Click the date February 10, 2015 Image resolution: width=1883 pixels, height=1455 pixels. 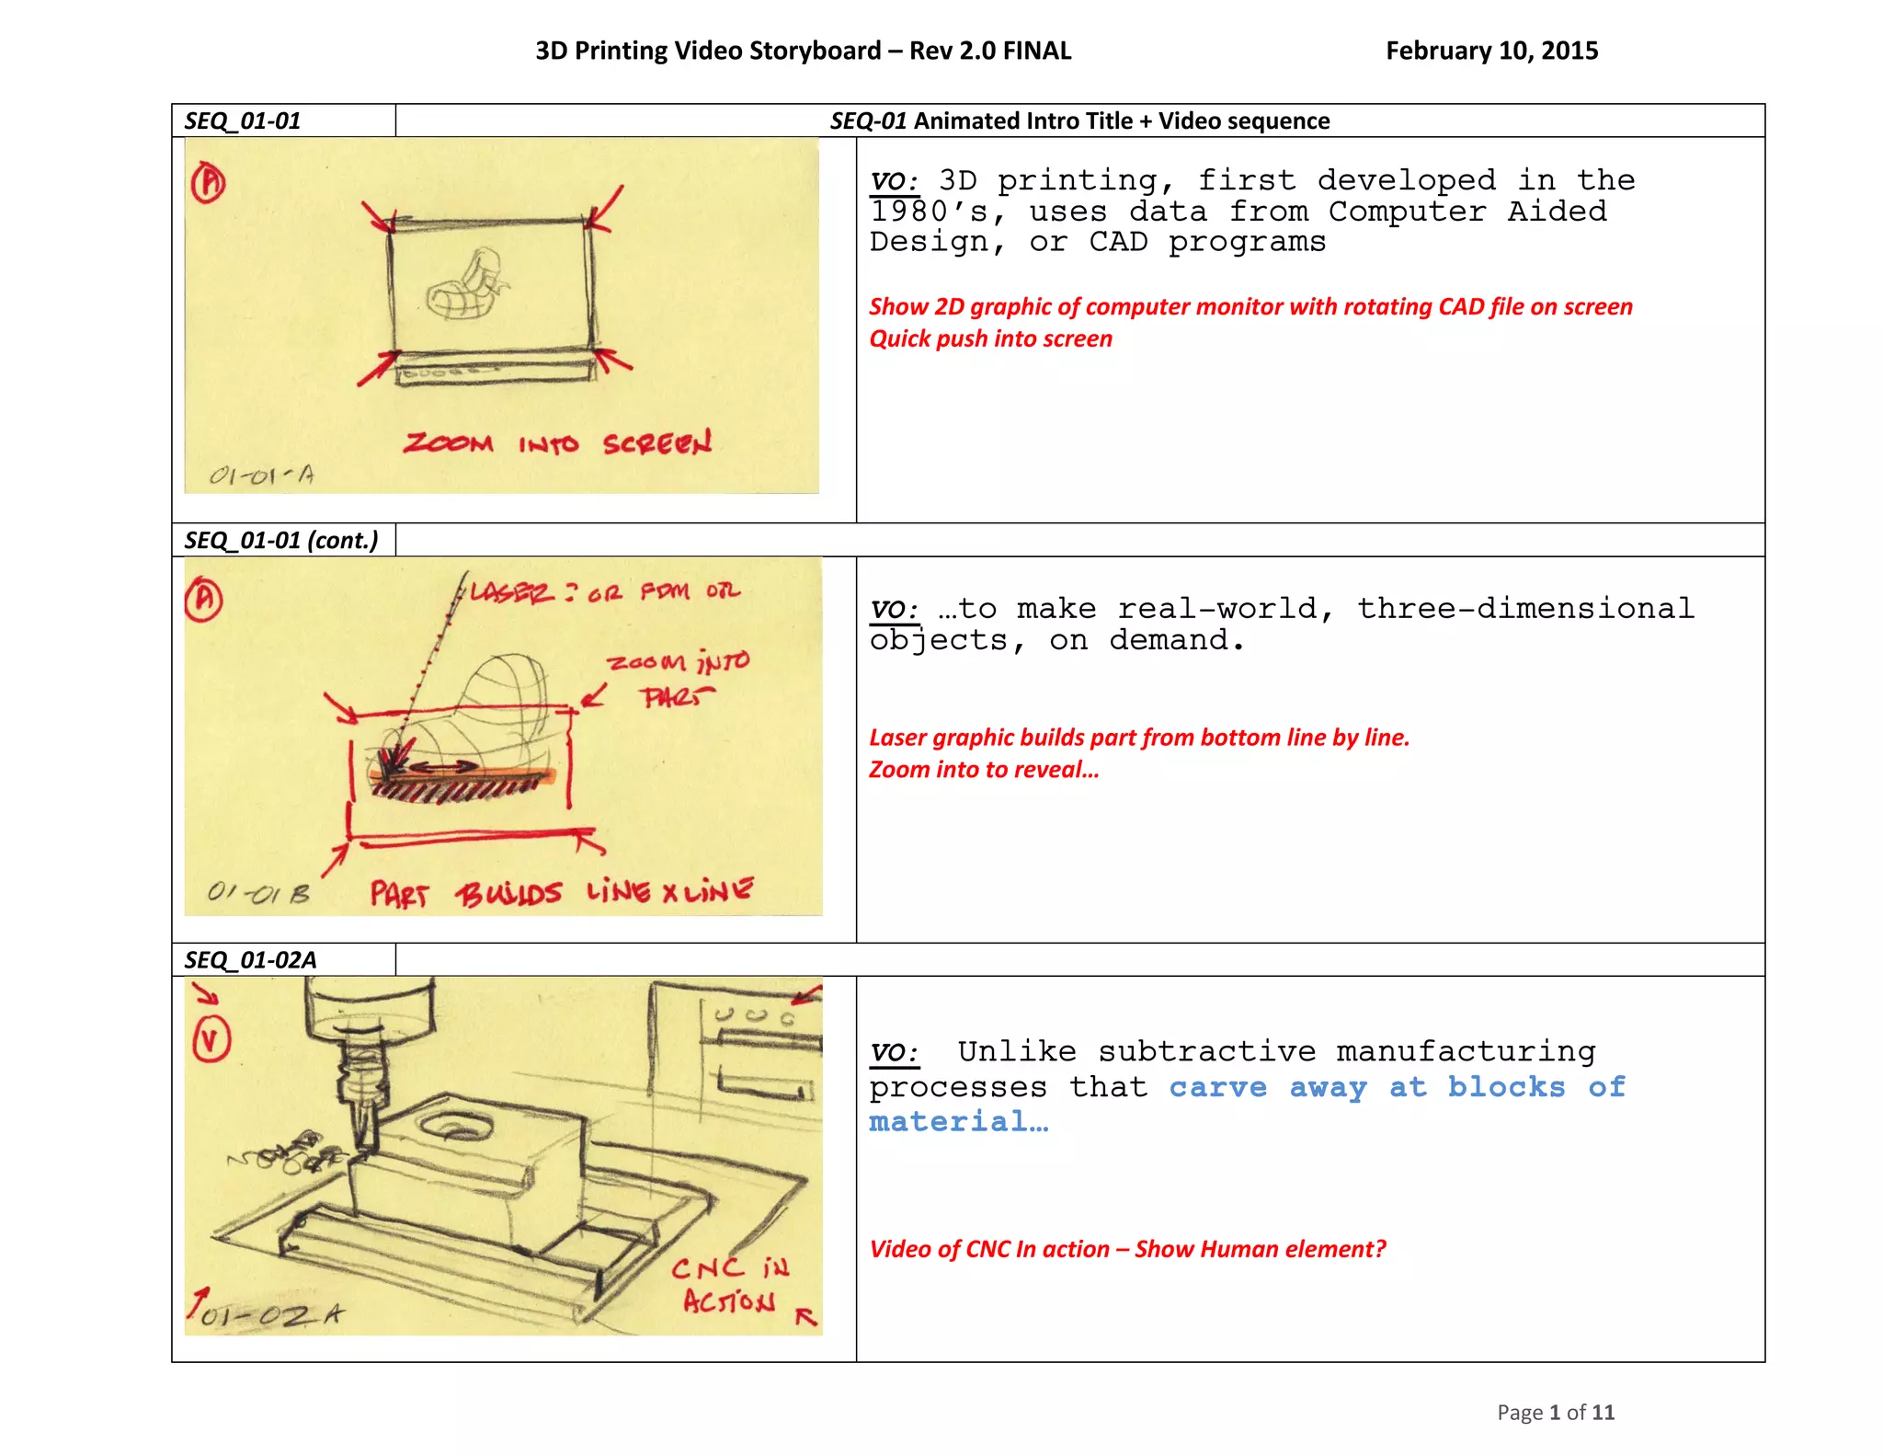(x=1491, y=51)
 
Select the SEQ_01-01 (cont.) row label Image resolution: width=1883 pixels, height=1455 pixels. (x=281, y=540)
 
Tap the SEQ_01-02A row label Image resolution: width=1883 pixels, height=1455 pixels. (x=250, y=960)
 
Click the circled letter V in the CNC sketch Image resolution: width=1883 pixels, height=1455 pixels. (x=211, y=1040)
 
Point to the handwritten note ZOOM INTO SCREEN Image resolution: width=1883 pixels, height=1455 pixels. (x=557, y=443)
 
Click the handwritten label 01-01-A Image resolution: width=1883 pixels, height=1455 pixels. (x=261, y=475)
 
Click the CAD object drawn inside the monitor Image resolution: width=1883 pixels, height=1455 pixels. (x=465, y=286)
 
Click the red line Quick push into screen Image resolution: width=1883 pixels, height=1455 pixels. (x=990, y=338)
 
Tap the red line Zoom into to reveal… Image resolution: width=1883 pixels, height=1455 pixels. (x=984, y=769)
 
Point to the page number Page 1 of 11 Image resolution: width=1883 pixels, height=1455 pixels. (x=1555, y=1412)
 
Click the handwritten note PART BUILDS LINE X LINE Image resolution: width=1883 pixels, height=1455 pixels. (x=561, y=892)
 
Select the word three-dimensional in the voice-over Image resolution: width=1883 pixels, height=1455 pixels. (x=1525, y=609)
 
